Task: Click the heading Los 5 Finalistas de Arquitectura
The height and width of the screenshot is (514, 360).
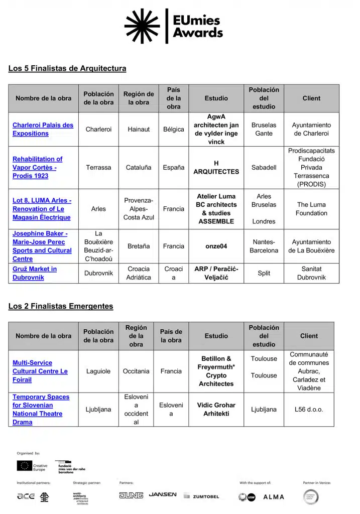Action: [x=67, y=68]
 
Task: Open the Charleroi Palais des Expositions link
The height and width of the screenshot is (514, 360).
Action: [x=43, y=129]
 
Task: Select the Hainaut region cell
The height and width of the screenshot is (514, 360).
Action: [x=139, y=129]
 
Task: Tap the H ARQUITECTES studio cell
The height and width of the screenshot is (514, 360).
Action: [x=216, y=167]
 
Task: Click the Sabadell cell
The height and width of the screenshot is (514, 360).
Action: [x=264, y=167]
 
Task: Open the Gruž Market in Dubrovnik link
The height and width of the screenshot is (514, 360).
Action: [x=35, y=273]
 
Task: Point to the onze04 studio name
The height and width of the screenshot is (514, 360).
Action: [x=216, y=246]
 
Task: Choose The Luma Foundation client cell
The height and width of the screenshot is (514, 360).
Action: [x=311, y=209]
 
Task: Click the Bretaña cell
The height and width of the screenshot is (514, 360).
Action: [x=139, y=246]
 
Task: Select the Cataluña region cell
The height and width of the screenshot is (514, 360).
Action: [x=139, y=167]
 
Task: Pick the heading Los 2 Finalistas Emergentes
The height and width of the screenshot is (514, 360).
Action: [x=61, y=306]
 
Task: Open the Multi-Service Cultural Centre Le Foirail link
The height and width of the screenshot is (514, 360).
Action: [x=40, y=371]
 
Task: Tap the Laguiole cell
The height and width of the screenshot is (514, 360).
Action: [x=98, y=371]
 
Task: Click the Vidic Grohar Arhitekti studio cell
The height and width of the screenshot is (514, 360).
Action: [x=216, y=409]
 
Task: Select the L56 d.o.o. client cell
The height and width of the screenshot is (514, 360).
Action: [x=309, y=409]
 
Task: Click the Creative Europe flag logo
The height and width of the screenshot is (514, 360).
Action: [x=25, y=466]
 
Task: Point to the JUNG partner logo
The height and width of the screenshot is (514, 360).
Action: [x=131, y=495]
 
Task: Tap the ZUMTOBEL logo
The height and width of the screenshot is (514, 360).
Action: [x=201, y=496]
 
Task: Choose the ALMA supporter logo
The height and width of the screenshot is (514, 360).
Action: [x=274, y=496]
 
